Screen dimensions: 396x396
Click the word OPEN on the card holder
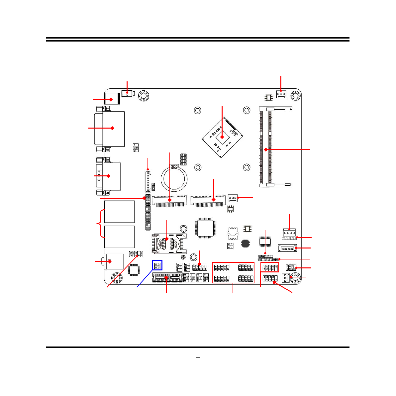pyautogui.click(x=160, y=244)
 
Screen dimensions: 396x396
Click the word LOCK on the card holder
pyautogui.click(x=176, y=244)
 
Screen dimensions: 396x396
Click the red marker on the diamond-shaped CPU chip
pyautogui.click(x=222, y=137)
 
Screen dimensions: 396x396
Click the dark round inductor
pyautogui.click(x=245, y=244)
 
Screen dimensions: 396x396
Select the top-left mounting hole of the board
pyautogui.click(x=144, y=96)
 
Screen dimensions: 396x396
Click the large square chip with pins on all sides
pyautogui.click(x=205, y=228)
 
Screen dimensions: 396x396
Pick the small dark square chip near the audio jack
pyautogui.click(x=133, y=270)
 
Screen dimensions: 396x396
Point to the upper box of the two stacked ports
pyautogui.click(x=119, y=212)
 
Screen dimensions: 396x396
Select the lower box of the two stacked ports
pyautogui.click(x=119, y=237)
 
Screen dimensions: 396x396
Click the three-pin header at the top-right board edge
pyautogui.click(x=281, y=94)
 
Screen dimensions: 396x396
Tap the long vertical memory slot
pyautogui.click(x=266, y=147)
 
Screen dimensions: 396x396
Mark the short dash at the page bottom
pyautogui.click(x=198, y=358)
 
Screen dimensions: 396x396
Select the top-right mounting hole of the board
pyautogui.click(x=296, y=96)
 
